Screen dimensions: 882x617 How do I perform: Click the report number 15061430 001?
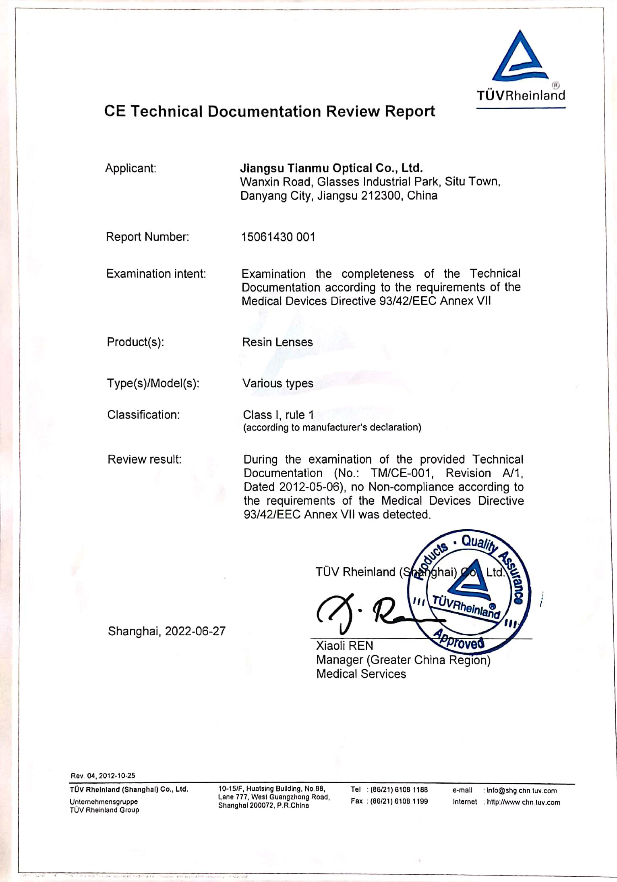coord(278,237)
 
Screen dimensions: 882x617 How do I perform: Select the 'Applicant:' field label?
coord(130,168)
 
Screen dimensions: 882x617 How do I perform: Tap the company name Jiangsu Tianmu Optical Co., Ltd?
coord(331,168)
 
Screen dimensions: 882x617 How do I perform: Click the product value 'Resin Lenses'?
coord(277,342)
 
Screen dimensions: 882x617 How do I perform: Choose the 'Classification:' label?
coord(143,415)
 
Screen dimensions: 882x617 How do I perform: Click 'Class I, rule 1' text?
coord(278,415)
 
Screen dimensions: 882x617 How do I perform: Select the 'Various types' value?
coord(277,383)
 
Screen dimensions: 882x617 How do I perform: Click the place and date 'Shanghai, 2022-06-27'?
coord(167,631)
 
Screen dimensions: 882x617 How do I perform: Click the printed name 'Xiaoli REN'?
coord(344,646)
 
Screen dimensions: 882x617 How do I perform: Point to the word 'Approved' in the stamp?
coord(459,639)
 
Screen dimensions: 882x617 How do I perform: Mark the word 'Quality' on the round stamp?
coord(478,543)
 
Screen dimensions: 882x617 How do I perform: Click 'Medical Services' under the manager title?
coord(361,674)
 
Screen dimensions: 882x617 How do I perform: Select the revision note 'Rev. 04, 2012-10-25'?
coord(103,776)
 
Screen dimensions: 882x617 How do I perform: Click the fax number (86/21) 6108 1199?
coord(399,801)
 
